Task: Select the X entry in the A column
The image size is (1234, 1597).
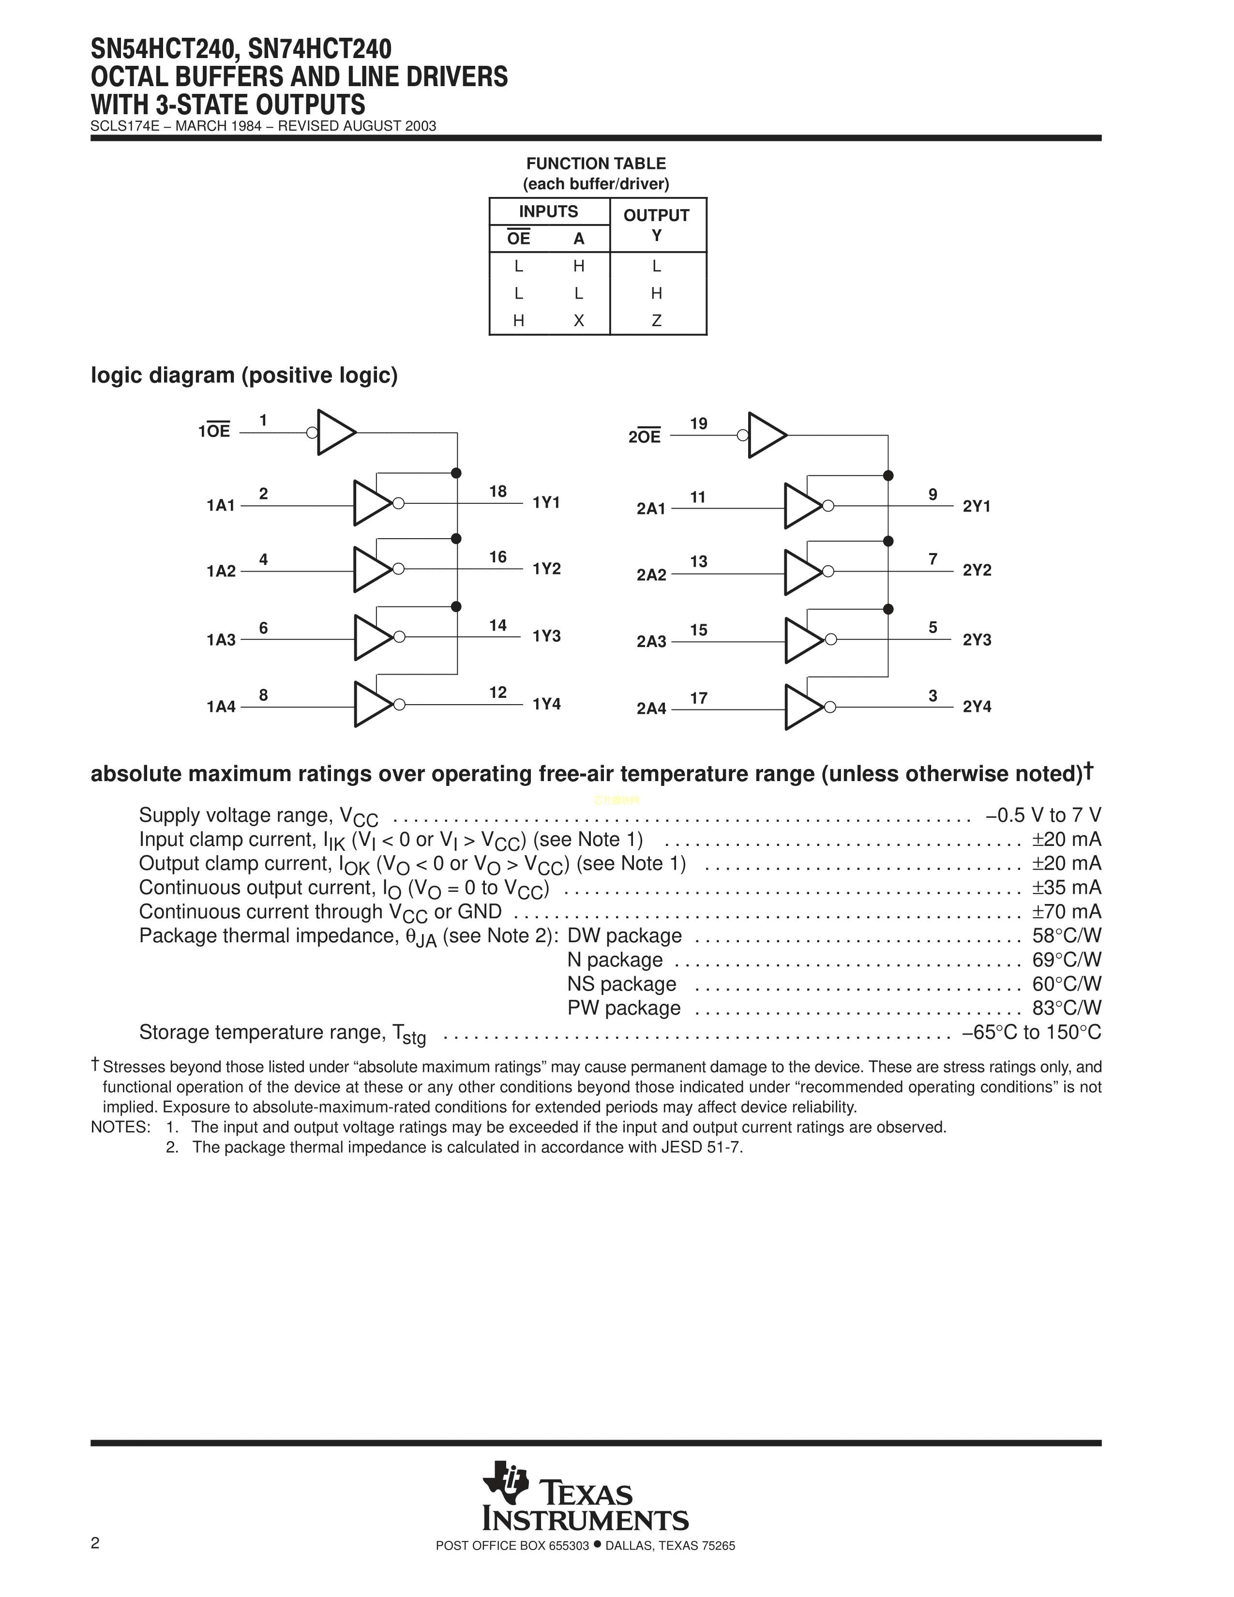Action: [x=578, y=320]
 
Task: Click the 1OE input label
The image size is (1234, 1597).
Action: [x=214, y=431]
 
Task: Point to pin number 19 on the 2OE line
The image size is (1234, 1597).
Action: [x=699, y=424]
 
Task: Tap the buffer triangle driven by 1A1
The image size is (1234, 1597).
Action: [x=371, y=503]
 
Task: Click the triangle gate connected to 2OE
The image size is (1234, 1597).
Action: [x=766, y=435]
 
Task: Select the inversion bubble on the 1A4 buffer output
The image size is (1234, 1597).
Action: [x=399, y=704]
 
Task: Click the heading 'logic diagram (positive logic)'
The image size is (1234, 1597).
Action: [x=244, y=375]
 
